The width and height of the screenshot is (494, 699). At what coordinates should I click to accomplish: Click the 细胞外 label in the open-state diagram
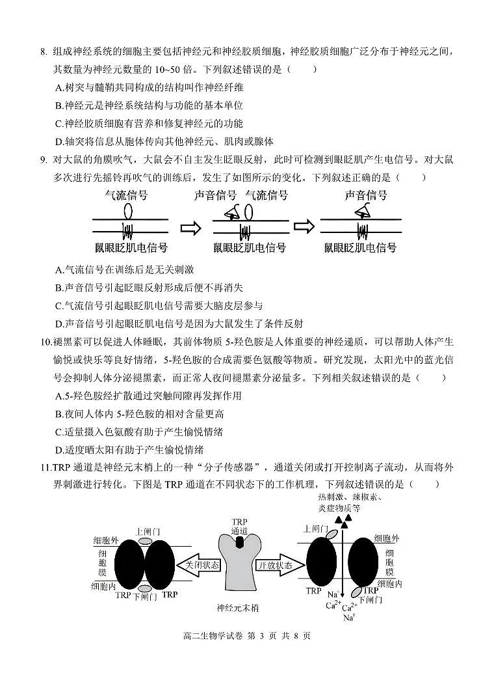click(387, 538)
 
